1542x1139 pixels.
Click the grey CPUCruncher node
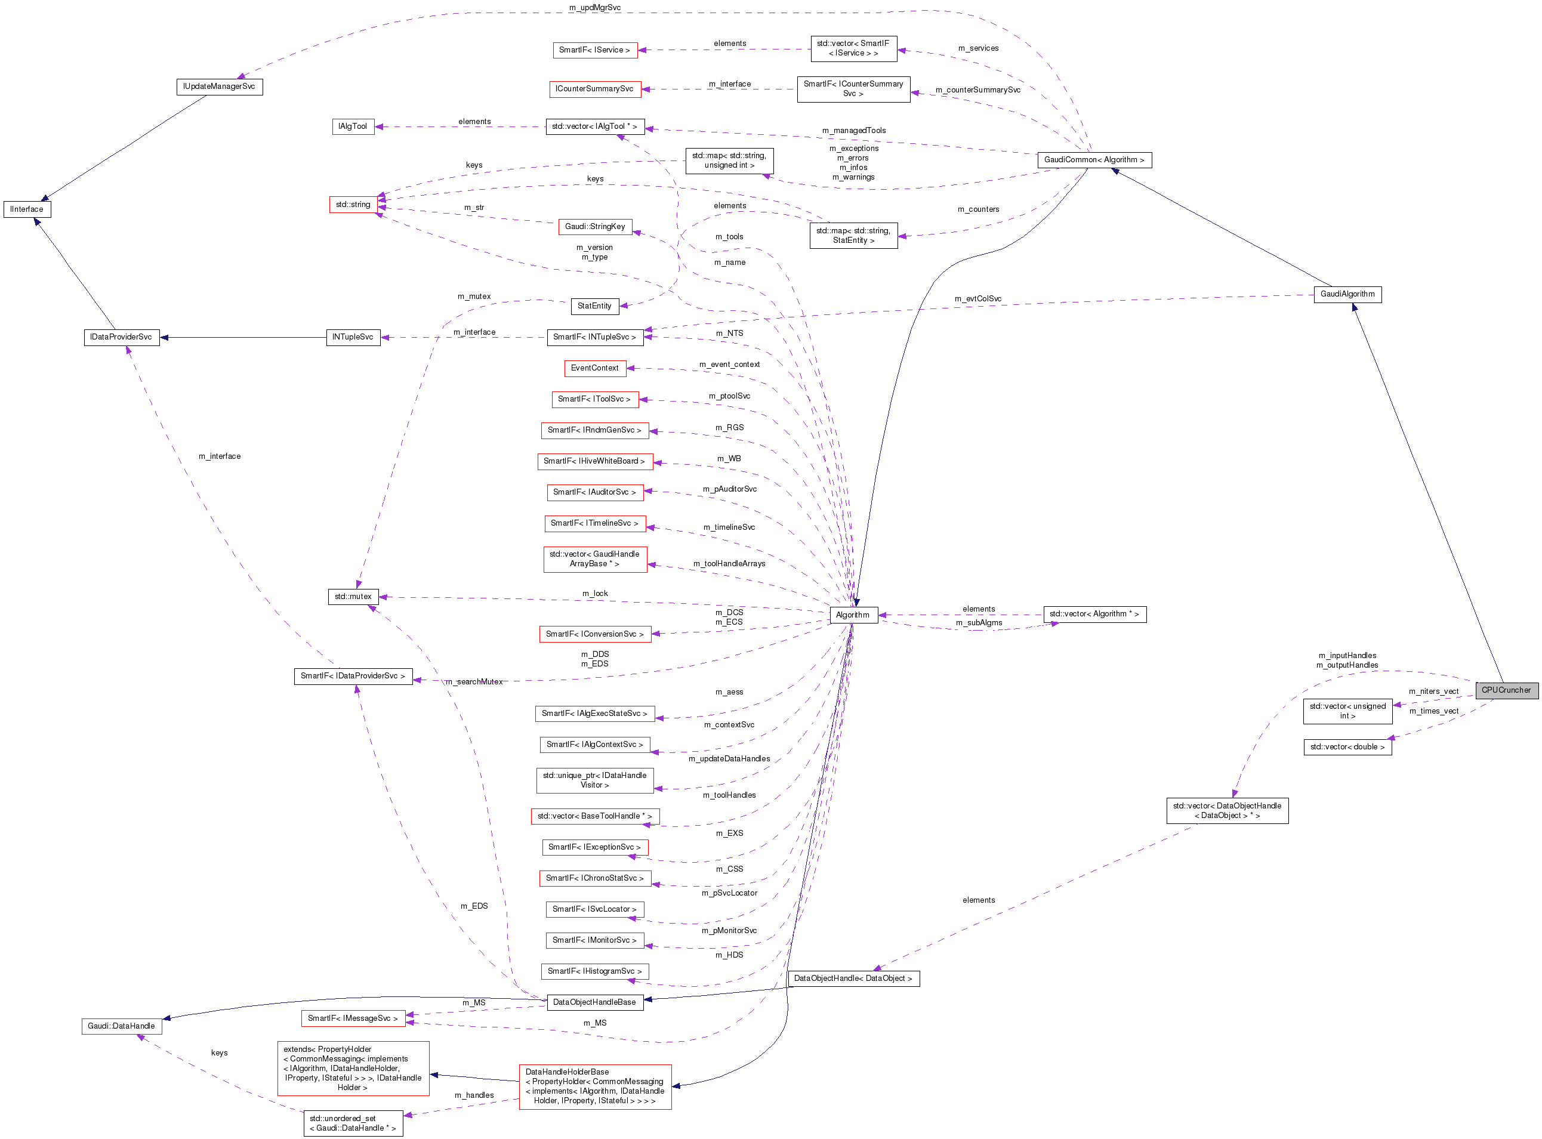tap(1506, 690)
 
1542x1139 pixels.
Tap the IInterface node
tap(27, 209)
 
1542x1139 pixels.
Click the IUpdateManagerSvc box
tap(218, 87)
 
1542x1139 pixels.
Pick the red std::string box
tap(353, 205)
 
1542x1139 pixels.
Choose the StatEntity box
tap(594, 306)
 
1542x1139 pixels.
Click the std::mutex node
tap(353, 597)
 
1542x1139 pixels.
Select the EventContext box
tap(594, 368)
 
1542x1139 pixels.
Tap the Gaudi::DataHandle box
tap(121, 1026)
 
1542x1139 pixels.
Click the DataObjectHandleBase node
tap(594, 1002)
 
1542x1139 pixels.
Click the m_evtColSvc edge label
tap(977, 298)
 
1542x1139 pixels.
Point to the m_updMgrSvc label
tap(594, 8)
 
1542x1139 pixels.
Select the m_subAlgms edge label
tap(979, 622)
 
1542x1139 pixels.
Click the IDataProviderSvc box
tap(121, 337)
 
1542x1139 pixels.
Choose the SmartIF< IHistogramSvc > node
tap(594, 971)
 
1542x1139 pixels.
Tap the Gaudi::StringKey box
tap(594, 227)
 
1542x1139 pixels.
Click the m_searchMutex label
tap(474, 682)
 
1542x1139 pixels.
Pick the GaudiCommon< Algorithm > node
tap(1093, 160)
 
